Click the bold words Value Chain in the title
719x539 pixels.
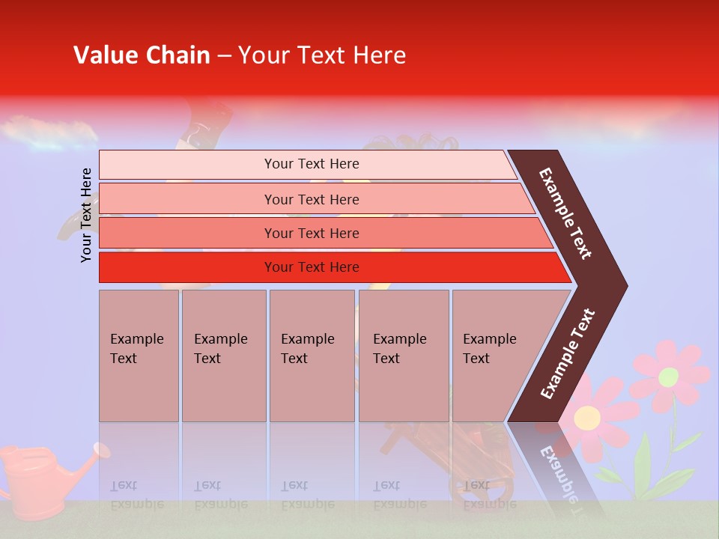pos(142,55)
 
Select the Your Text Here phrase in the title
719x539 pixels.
pos(322,55)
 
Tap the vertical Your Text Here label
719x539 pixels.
pos(86,215)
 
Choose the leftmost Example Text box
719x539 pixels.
pos(139,356)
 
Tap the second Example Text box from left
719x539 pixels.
pos(223,356)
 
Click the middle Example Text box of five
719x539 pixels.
pos(312,356)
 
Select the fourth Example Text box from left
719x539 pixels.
pos(404,356)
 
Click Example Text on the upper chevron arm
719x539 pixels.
pos(565,213)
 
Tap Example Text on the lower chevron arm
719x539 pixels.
pos(568,354)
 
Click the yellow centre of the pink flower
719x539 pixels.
pos(587,416)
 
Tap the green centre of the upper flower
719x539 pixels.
pos(668,377)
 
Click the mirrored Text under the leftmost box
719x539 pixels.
pos(124,485)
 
